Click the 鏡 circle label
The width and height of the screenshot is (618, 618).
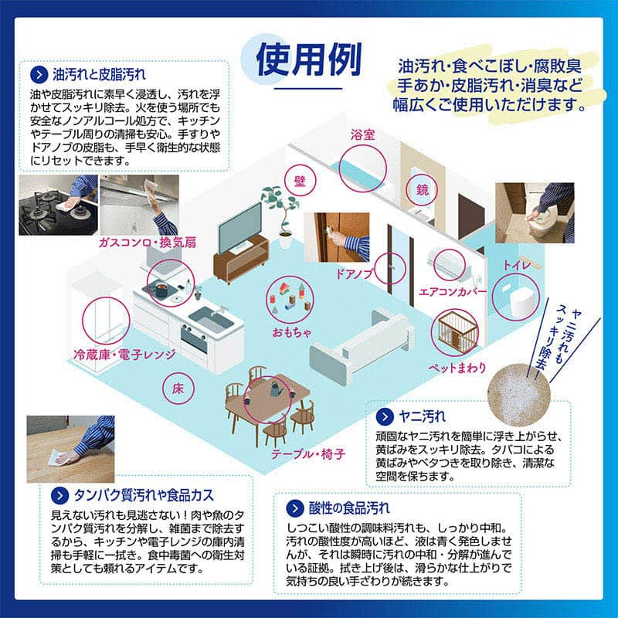(x=422, y=189)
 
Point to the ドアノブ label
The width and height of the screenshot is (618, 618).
(x=353, y=273)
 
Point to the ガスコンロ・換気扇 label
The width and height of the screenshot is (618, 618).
(x=147, y=243)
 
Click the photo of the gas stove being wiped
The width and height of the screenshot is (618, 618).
(x=58, y=205)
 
